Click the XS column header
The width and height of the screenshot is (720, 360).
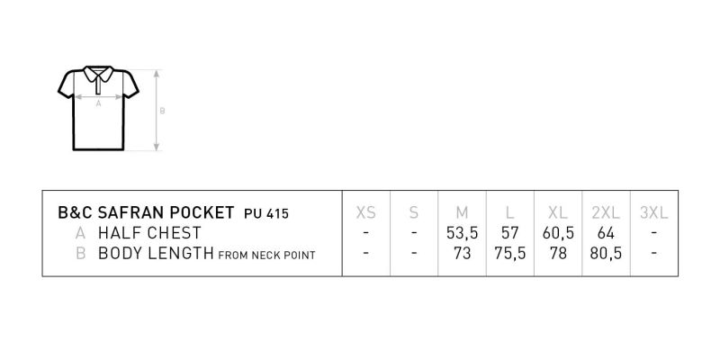[x=366, y=212]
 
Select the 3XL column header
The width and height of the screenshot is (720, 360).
[x=654, y=212]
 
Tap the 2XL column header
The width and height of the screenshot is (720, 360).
[x=606, y=212]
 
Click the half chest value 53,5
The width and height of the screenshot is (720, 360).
[x=462, y=233]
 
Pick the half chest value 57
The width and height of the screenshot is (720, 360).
[x=509, y=233]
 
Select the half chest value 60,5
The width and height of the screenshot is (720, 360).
[x=558, y=233]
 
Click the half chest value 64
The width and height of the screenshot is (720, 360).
[x=606, y=233]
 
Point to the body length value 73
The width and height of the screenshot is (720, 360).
[x=462, y=254]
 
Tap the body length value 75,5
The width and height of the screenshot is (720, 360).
[x=509, y=254]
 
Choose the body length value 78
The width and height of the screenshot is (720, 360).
[x=558, y=254]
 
